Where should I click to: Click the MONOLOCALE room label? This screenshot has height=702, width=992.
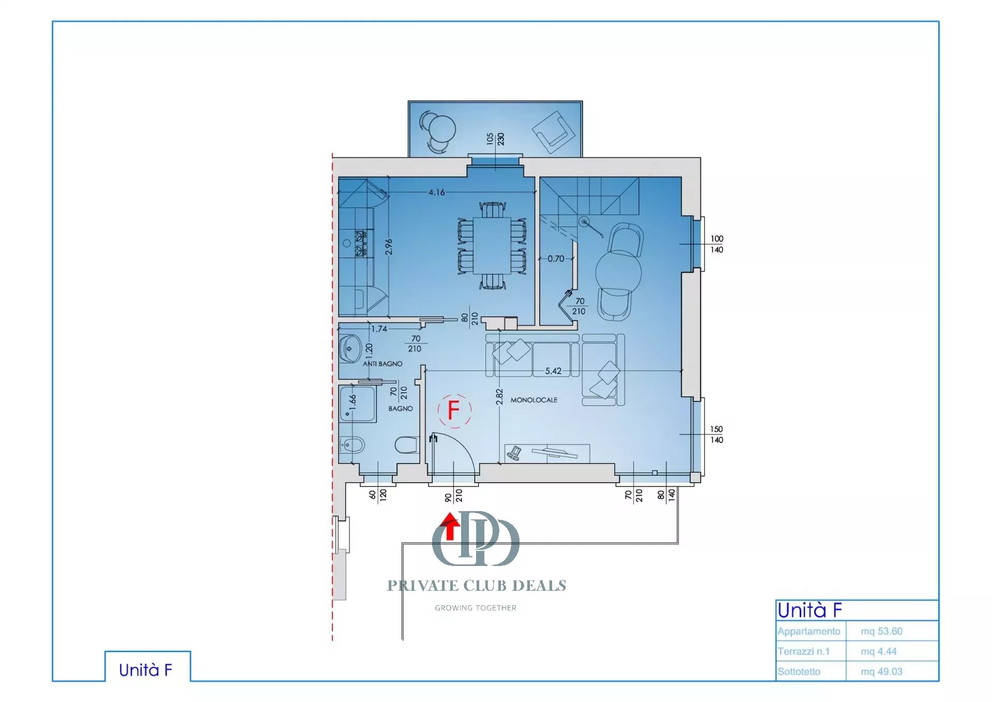pos(534,400)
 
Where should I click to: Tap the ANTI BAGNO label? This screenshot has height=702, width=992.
pos(383,364)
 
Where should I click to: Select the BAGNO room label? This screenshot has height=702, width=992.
pos(401,408)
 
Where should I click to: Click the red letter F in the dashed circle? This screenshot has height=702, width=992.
pos(453,410)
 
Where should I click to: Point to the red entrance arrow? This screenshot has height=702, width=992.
pos(450,526)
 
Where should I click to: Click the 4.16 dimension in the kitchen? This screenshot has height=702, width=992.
pos(436,192)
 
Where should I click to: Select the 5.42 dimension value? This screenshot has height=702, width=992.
pos(553,371)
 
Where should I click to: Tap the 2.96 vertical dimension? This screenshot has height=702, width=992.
pos(389,247)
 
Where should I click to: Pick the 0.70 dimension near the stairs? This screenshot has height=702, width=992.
pos(556,258)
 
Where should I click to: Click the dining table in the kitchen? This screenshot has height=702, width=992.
pos(492,246)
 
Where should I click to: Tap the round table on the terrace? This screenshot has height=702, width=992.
pos(442,128)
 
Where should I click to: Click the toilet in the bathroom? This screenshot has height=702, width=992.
pos(406,445)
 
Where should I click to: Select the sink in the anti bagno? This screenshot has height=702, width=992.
pos(350,349)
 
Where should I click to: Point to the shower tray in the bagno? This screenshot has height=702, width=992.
pos(358,404)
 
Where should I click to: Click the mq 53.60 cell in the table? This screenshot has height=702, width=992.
pos(881,631)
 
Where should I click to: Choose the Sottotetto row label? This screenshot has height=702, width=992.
pos(799,671)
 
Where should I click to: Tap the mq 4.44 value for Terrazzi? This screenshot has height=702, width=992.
pos(878,651)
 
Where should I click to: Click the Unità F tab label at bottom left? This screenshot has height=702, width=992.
pos(145,670)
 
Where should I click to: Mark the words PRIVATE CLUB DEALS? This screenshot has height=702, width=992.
pos(477,586)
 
